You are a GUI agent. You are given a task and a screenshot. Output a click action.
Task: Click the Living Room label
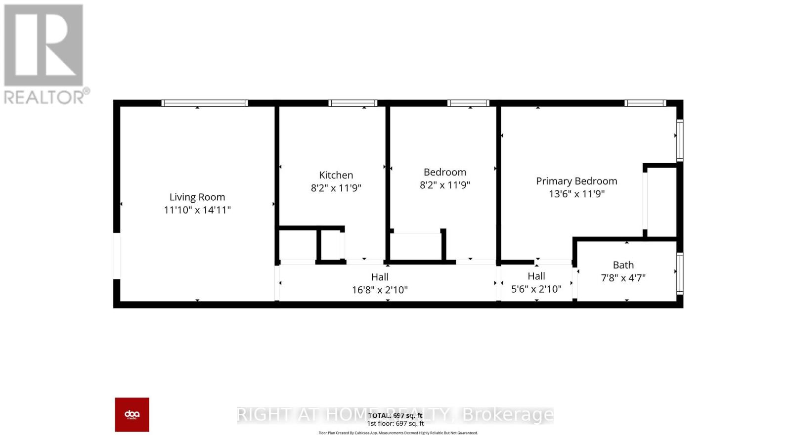[x=197, y=197]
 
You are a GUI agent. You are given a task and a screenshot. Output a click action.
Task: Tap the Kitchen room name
[x=336, y=175]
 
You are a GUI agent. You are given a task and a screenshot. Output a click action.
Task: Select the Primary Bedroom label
[x=576, y=181]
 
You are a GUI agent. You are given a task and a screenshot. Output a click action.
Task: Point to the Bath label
[x=623, y=265]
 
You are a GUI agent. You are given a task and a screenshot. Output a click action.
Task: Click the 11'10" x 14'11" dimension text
[x=197, y=210]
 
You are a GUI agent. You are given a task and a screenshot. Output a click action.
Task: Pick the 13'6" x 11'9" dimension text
[x=576, y=194]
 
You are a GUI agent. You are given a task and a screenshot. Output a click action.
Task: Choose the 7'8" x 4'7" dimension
[x=623, y=278]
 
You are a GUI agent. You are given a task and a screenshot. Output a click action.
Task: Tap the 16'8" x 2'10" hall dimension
[x=380, y=290]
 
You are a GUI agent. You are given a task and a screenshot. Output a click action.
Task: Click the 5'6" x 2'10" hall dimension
[x=536, y=289]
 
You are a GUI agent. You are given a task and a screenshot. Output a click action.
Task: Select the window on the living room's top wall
[x=204, y=103]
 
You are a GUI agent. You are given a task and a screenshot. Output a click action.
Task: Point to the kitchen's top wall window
[x=352, y=103]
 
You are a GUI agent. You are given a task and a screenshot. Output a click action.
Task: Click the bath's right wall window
[x=680, y=273]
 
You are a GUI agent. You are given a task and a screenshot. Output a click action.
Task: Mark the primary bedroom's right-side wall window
[x=680, y=140]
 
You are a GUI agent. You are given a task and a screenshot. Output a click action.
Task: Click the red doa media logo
[x=132, y=414]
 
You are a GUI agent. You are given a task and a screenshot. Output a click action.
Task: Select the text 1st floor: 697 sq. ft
[x=395, y=424]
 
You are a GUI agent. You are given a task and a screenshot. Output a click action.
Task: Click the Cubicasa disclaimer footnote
[x=398, y=433]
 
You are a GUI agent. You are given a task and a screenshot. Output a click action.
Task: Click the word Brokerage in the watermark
[x=507, y=414]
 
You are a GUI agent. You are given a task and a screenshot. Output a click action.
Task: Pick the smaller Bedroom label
[x=444, y=172]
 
